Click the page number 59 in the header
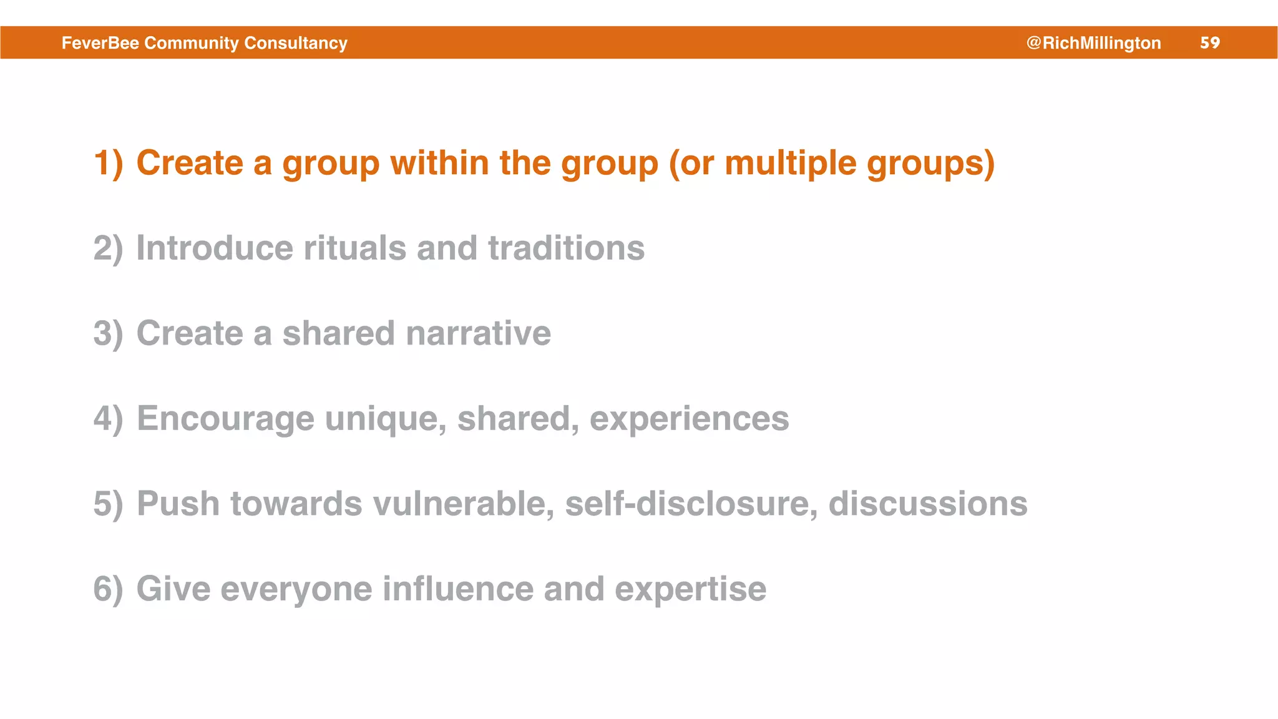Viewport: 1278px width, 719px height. click(1209, 42)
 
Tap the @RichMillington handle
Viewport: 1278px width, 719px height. click(1093, 42)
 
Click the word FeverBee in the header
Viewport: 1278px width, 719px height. click(100, 42)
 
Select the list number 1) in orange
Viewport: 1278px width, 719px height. click(108, 163)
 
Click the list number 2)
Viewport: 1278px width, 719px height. click(108, 248)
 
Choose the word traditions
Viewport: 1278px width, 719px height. click(566, 248)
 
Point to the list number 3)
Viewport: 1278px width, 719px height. click(108, 333)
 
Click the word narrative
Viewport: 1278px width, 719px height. click(478, 333)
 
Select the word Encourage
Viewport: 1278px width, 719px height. click(225, 418)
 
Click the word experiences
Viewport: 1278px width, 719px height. click(689, 418)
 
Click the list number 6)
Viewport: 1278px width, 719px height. click(108, 589)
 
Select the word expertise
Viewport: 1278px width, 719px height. click(690, 589)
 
